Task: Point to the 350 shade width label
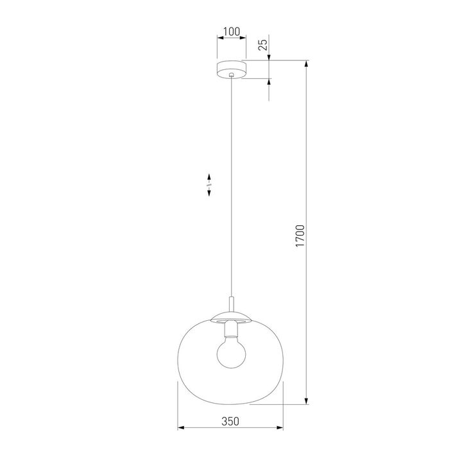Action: point(231,421)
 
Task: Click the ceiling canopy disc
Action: point(231,68)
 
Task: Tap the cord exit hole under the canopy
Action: point(231,77)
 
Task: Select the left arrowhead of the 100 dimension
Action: point(220,38)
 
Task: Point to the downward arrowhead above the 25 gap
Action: point(268,58)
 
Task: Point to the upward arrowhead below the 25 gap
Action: point(268,83)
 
